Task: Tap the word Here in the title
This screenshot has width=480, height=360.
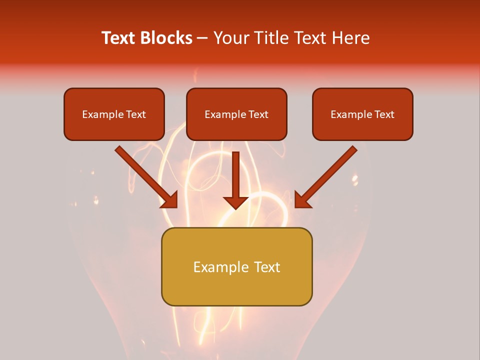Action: pos(350,38)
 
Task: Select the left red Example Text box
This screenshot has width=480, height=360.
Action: pos(114,114)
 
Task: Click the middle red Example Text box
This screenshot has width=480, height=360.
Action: pos(236,114)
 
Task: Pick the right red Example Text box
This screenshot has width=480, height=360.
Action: pos(362,114)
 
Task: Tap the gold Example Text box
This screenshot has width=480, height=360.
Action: pos(236,266)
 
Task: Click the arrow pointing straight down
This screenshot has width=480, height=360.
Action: pos(236,180)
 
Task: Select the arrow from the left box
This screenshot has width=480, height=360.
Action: pos(145,176)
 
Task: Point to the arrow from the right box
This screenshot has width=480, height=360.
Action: pos(327,176)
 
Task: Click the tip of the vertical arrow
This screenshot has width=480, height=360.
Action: pos(236,207)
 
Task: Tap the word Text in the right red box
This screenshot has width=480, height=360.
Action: pos(384,114)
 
